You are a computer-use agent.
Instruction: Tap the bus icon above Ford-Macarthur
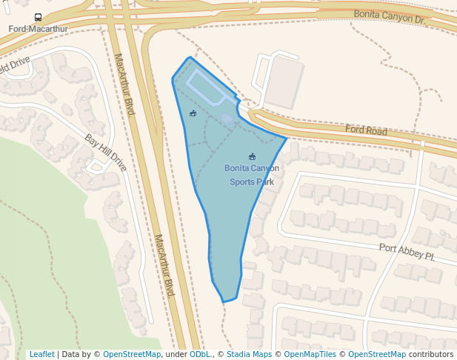pyautogui.click(x=38, y=17)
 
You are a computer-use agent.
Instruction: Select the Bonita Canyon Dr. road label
pyautogui.click(x=390, y=17)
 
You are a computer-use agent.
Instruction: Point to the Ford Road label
pyautogui.click(x=366, y=130)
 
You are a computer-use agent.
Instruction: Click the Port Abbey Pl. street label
pyautogui.click(x=407, y=252)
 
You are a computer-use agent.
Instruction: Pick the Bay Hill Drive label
pyautogui.click(x=105, y=152)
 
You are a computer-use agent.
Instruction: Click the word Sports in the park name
pyautogui.click(x=241, y=181)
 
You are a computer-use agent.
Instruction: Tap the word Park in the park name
pyautogui.click(x=264, y=181)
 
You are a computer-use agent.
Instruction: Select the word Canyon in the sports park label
pyautogui.click(x=264, y=168)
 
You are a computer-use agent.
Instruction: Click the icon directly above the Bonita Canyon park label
pyautogui.click(x=252, y=156)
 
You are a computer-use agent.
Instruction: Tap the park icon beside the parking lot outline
pyautogui.click(x=193, y=113)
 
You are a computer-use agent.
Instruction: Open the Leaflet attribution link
pyautogui.click(x=41, y=354)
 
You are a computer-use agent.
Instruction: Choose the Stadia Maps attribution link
pyautogui.click(x=249, y=354)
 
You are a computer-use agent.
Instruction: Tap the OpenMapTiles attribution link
pyautogui.click(x=312, y=354)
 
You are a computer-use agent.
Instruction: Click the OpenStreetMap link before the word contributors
pyautogui.click(x=377, y=354)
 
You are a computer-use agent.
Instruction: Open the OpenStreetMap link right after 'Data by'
pyautogui.click(x=132, y=354)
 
